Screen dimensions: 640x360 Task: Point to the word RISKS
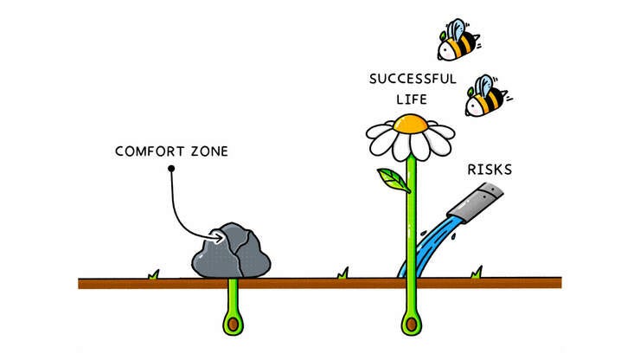489,170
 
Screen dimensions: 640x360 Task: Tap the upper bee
458,42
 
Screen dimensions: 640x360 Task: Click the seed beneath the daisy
412,324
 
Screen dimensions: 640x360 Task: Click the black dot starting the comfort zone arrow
171,168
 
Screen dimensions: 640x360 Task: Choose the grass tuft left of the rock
154,274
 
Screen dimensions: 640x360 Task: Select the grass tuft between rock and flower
342,273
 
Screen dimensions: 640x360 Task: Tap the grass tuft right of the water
477,273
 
